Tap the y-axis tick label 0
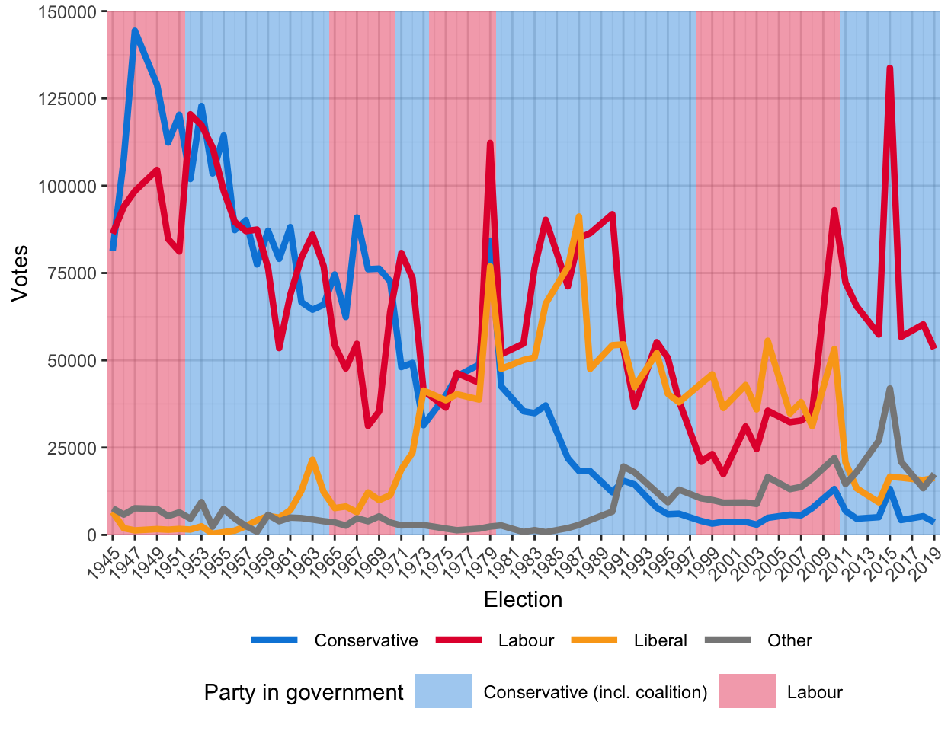[x=92, y=535]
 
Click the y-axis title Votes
[x=20, y=273]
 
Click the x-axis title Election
[x=523, y=600]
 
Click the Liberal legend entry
[x=660, y=640]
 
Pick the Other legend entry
[x=789, y=640]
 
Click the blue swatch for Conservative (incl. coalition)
[x=443, y=691]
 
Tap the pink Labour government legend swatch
[x=747, y=691]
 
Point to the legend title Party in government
[x=303, y=692]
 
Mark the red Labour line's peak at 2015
[x=889, y=69]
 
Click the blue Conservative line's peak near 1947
[x=135, y=31]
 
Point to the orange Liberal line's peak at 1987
[x=579, y=217]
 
